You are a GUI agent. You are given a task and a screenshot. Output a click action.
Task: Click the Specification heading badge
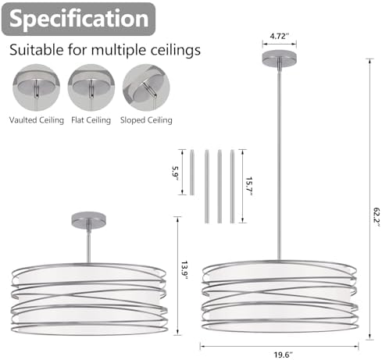[x=78, y=19]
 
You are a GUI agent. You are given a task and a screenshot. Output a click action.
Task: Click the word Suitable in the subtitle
[x=37, y=49]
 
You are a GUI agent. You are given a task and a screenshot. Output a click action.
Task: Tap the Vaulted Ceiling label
[x=37, y=120]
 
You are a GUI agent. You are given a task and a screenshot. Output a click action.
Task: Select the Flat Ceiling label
[x=91, y=120]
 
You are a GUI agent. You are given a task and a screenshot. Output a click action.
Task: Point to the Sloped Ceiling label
[x=146, y=120]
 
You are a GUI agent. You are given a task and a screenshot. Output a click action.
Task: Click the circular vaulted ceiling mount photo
[x=37, y=87]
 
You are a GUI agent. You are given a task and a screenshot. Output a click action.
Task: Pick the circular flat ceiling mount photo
[x=91, y=87]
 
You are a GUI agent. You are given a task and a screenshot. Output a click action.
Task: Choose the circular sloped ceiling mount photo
[x=146, y=87]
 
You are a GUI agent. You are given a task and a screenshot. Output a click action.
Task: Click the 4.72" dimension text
[x=280, y=36]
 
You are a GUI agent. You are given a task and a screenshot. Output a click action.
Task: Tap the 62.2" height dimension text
[x=377, y=217]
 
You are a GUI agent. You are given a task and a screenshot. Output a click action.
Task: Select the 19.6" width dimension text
[x=283, y=355]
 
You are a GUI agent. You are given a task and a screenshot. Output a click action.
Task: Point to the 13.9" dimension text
[x=184, y=271]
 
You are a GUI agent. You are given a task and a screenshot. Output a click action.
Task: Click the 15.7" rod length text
[x=249, y=187]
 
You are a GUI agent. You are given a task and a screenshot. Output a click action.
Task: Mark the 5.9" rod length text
[x=175, y=173]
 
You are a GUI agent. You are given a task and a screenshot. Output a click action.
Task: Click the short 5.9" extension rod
[x=192, y=172]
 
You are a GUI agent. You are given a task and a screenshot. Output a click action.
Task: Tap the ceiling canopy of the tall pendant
[x=280, y=58]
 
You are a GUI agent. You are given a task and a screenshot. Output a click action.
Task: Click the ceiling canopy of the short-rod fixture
[x=88, y=220]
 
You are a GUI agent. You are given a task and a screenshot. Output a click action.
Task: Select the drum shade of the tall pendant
[x=279, y=296]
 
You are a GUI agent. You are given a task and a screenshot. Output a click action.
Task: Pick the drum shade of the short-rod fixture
[x=89, y=299]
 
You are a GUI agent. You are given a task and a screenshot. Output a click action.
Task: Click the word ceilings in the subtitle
[x=176, y=50]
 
